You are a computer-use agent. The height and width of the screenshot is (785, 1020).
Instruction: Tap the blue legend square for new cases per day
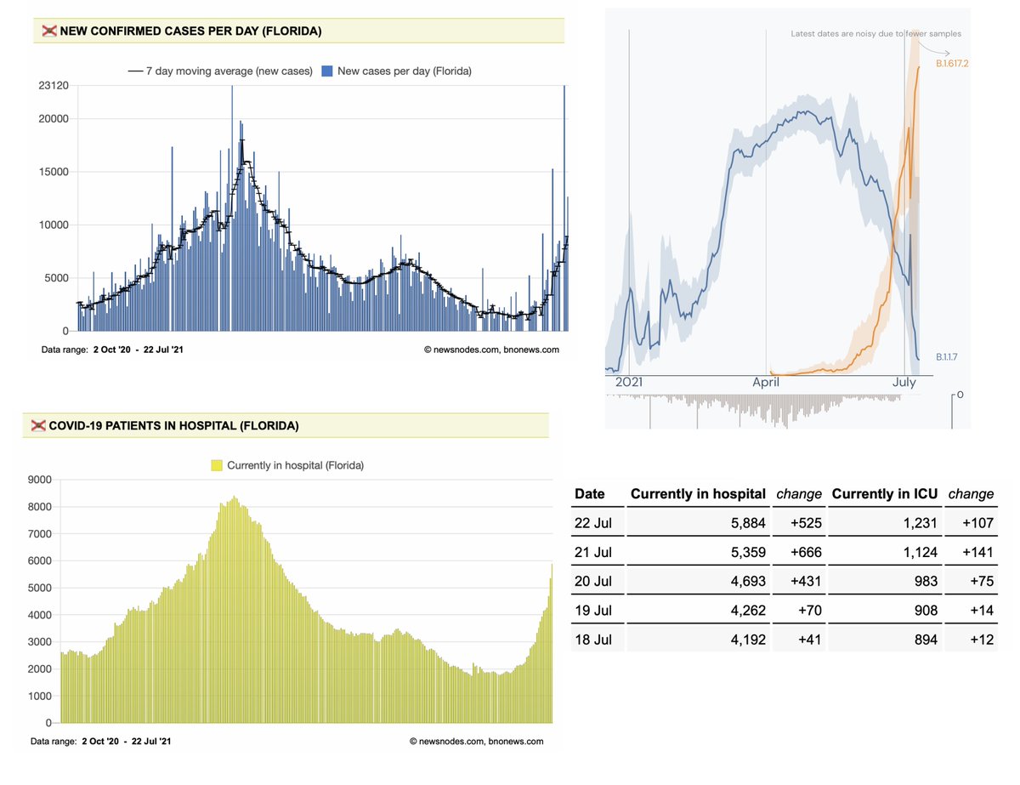(327, 71)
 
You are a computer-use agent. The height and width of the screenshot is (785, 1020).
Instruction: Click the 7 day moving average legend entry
(219, 71)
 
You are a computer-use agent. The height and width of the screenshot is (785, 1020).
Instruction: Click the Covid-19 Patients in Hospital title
(173, 425)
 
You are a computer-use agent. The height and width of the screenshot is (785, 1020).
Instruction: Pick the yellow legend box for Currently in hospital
(216, 465)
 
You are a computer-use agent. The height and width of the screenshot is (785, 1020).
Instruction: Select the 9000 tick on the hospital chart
(41, 480)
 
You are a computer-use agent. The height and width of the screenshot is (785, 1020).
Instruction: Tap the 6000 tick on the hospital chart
(41, 561)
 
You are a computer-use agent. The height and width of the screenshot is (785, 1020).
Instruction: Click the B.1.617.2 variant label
(952, 65)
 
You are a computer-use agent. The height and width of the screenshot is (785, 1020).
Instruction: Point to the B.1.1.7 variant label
(950, 357)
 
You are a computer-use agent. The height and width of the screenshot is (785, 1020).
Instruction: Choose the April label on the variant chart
(766, 383)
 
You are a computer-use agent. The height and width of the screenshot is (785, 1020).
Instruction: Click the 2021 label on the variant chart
(629, 383)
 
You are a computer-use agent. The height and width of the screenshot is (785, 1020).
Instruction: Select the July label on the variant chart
(904, 383)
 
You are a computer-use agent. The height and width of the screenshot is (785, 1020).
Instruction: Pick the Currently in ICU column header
(885, 494)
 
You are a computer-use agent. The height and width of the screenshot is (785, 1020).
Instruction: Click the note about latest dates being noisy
(876, 34)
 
